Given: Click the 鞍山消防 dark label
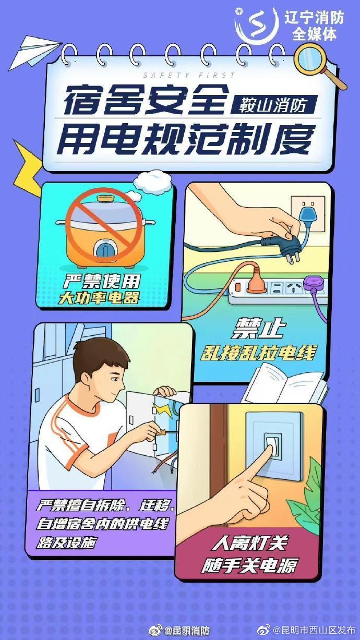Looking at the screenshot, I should tap(273, 104).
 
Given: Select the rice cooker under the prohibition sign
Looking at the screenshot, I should tap(107, 230).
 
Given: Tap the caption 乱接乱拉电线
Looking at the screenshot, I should tap(258, 353).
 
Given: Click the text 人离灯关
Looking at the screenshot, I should tap(249, 544).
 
